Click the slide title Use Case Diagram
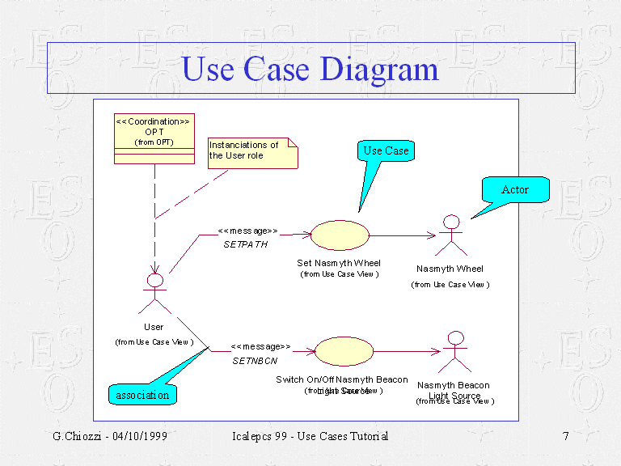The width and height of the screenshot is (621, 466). pos(310,69)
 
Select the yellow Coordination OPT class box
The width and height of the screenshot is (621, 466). pos(154,138)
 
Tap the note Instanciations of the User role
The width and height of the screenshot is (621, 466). pos(251,152)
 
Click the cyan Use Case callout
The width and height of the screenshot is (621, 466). pos(386,151)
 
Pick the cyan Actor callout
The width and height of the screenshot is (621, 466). pos(515,190)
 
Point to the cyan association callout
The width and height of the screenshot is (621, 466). pos(142,395)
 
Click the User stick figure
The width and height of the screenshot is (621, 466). pos(154,293)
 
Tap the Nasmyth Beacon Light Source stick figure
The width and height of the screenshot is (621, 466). pos(455,351)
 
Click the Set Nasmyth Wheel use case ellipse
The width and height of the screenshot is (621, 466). pos(340,235)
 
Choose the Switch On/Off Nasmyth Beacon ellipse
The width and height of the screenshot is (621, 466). pos(344,351)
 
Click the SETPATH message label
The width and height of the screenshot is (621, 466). pos(245,244)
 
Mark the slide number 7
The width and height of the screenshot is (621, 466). pos(566,437)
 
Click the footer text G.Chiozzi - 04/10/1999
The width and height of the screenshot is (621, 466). pos(110,437)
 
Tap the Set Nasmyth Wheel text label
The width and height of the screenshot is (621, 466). pos(339,263)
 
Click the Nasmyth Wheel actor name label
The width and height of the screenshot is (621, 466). pos(450,269)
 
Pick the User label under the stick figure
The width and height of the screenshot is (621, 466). pos(154,327)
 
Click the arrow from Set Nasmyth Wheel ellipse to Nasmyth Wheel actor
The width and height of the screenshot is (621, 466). pos(402,236)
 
